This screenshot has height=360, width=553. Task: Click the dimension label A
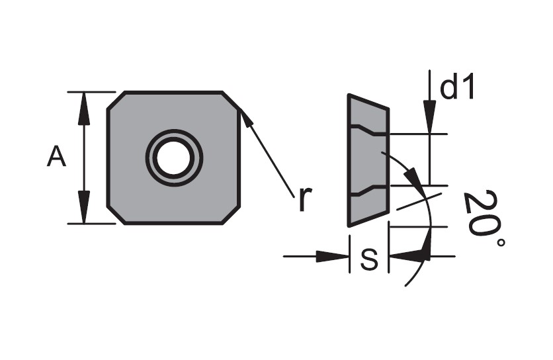[x=56, y=156]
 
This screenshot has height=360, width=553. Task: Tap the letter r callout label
[x=306, y=199]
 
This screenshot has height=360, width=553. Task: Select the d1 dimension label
[x=458, y=87]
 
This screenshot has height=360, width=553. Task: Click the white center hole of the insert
[x=174, y=157]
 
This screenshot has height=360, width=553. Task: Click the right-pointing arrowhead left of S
[x=332, y=257]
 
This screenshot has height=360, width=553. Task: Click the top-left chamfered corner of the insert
[x=116, y=101]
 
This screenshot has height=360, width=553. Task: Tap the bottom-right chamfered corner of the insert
[x=232, y=214]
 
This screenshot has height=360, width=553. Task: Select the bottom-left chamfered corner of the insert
[x=116, y=214]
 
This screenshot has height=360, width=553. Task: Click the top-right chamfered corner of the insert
[x=232, y=101]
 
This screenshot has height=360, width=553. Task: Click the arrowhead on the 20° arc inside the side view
[x=412, y=177]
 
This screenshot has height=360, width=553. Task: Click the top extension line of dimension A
[x=91, y=92]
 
